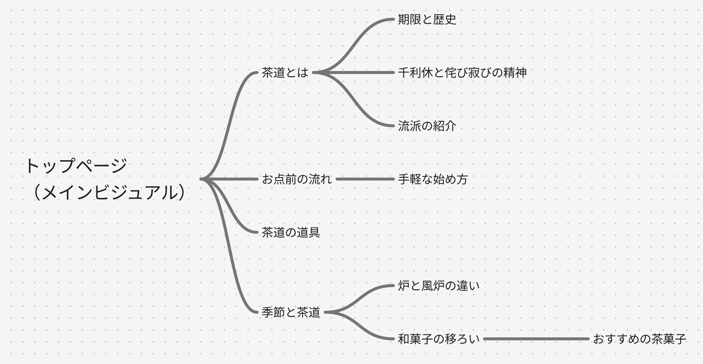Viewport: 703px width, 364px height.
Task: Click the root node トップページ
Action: pyautogui.click(x=76, y=166)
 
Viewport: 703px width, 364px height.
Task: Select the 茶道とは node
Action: pyautogui.click(x=284, y=73)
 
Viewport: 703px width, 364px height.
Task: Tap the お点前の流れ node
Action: pyautogui.click(x=296, y=179)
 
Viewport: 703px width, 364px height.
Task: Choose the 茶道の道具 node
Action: pyautogui.click(x=290, y=232)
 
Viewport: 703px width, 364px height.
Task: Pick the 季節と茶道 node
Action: pyautogui.click(x=290, y=312)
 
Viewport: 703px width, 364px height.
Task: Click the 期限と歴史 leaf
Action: pyautogui.click(x=427, y=19)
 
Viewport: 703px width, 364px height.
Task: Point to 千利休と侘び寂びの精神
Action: pyautogui.click(x=462, y=73)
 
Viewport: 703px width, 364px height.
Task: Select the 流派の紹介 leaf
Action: pyautogui.click(x=427, y=126)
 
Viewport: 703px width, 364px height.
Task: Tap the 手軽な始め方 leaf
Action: pyautogui.click(x=433, y=179)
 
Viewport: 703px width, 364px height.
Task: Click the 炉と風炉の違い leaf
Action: pyautogui.click(x=439, y=286)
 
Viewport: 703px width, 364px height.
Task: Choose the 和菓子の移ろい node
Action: pyautogui.click(x=439, y=339)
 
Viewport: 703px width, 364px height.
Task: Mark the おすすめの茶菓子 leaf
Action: pyautogui.click(x=639, y=339)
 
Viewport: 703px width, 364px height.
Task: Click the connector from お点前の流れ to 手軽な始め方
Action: pyautogui.click(x=365, y=179)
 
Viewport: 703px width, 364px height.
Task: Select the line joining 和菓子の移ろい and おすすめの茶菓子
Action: pyautogui.click(x=536, y=339)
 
